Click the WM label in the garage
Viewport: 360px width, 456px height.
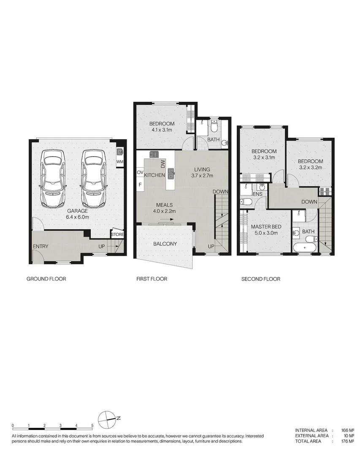coord(119,161)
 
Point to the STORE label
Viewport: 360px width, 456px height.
coord(117,235)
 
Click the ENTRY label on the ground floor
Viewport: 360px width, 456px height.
coord(41,247)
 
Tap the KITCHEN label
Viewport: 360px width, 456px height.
coord(154,175)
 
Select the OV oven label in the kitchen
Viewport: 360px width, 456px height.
coord(140,172)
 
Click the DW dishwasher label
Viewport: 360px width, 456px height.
coord(162,163)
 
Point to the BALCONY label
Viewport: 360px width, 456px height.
coord(165,244)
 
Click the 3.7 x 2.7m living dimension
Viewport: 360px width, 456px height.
coord(202,175)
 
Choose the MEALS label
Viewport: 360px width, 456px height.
coord(164,205)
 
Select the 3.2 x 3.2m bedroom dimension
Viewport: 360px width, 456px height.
coord(310,167)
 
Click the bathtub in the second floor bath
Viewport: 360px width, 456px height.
coord(304,247)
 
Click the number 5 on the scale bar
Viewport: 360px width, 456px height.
coord(92,425)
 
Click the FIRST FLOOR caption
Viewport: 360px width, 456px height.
coord(152,279)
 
